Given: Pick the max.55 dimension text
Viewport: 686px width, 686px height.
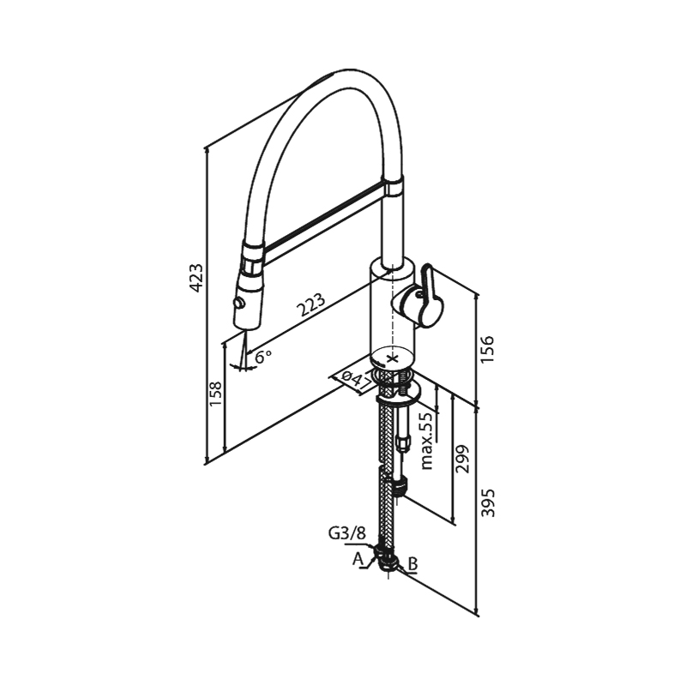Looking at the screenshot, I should (x=426, y=439).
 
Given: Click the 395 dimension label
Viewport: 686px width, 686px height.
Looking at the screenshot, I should (x=486, y=504).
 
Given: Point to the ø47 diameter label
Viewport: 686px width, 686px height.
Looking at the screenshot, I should (x=352, y=377).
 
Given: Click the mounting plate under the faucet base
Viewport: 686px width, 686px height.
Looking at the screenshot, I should (x=398, y=394).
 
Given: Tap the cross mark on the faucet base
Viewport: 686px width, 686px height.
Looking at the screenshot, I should (x=394, y=358).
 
